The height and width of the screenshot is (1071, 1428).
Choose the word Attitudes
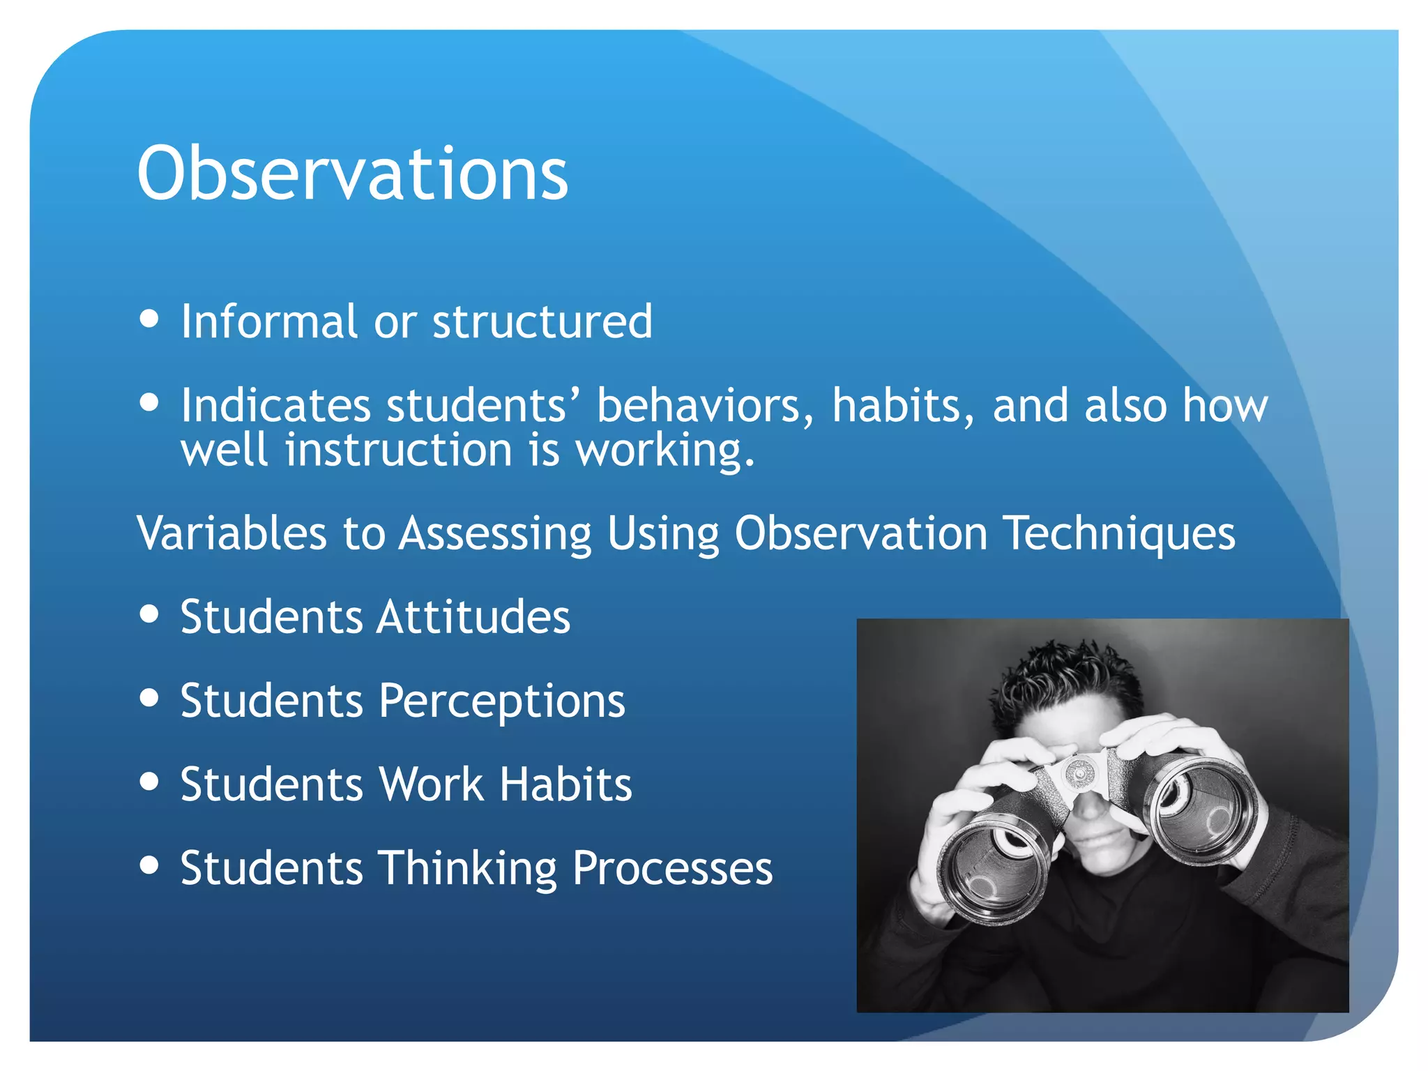pyautogui.click(x=474, y=617)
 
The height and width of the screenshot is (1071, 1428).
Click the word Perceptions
pyautogui.click(x=501, y=701)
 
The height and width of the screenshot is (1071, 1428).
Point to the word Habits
pyautogui.click(x=565, y=784)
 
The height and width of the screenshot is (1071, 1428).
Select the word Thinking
pyautogui.click(x=467, y=869)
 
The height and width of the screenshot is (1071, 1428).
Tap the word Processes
pyautogui.click(x=673, y=869)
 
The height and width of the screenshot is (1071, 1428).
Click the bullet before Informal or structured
pyautogui.click(x=149, y=319)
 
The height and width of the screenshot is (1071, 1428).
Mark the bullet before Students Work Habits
pyautogui.click(x=149, y=781)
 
